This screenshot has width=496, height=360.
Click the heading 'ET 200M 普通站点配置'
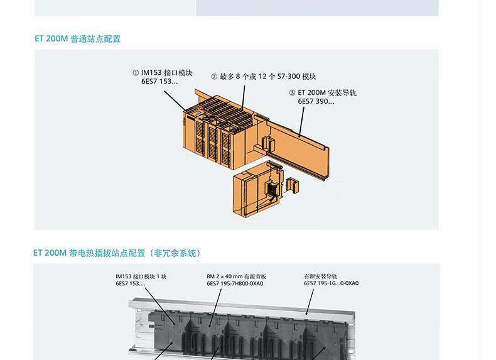77,39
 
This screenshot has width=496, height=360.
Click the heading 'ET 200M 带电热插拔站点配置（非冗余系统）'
117,253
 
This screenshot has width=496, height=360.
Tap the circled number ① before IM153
136,73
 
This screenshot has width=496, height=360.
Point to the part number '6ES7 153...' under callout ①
159,82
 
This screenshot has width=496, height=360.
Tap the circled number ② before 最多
214,77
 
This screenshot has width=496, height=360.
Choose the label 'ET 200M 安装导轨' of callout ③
327,92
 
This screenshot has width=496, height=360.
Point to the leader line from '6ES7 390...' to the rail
302,120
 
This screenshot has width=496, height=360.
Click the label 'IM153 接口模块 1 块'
141,276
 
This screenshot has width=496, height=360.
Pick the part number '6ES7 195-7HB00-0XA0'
235,284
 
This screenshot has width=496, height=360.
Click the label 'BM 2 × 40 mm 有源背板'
236,276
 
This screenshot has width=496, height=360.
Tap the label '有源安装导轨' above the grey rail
320,276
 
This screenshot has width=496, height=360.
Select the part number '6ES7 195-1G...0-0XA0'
331,284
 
